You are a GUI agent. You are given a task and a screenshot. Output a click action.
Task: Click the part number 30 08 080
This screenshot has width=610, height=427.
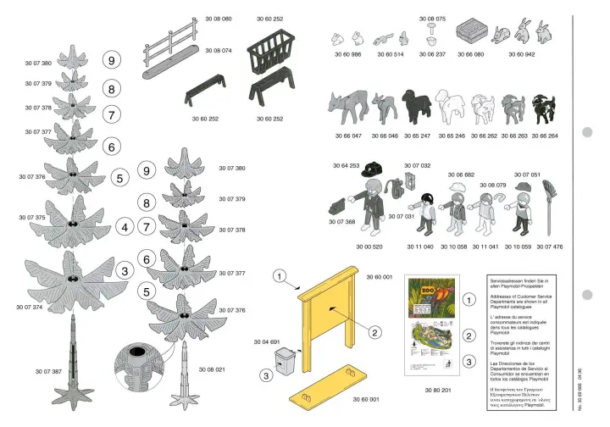pos(218,18)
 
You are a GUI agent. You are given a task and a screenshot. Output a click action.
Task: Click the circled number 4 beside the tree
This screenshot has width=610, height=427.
pos(126,226)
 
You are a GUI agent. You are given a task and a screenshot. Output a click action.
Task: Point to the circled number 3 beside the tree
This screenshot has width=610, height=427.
pos(126,271)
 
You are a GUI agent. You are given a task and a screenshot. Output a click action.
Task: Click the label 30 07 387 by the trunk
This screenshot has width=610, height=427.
pos(48,372)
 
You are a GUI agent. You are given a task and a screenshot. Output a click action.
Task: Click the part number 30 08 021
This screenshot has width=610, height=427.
pos(212,370)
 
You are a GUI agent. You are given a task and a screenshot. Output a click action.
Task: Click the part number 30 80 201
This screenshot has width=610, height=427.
pos(437,391)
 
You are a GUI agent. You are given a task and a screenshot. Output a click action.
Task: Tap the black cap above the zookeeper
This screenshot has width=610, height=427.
pos(369,173)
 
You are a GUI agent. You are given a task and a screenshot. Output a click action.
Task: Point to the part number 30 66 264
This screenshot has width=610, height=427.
pos(545,136)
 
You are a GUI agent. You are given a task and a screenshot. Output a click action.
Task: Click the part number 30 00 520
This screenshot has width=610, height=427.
pos(371,247)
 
